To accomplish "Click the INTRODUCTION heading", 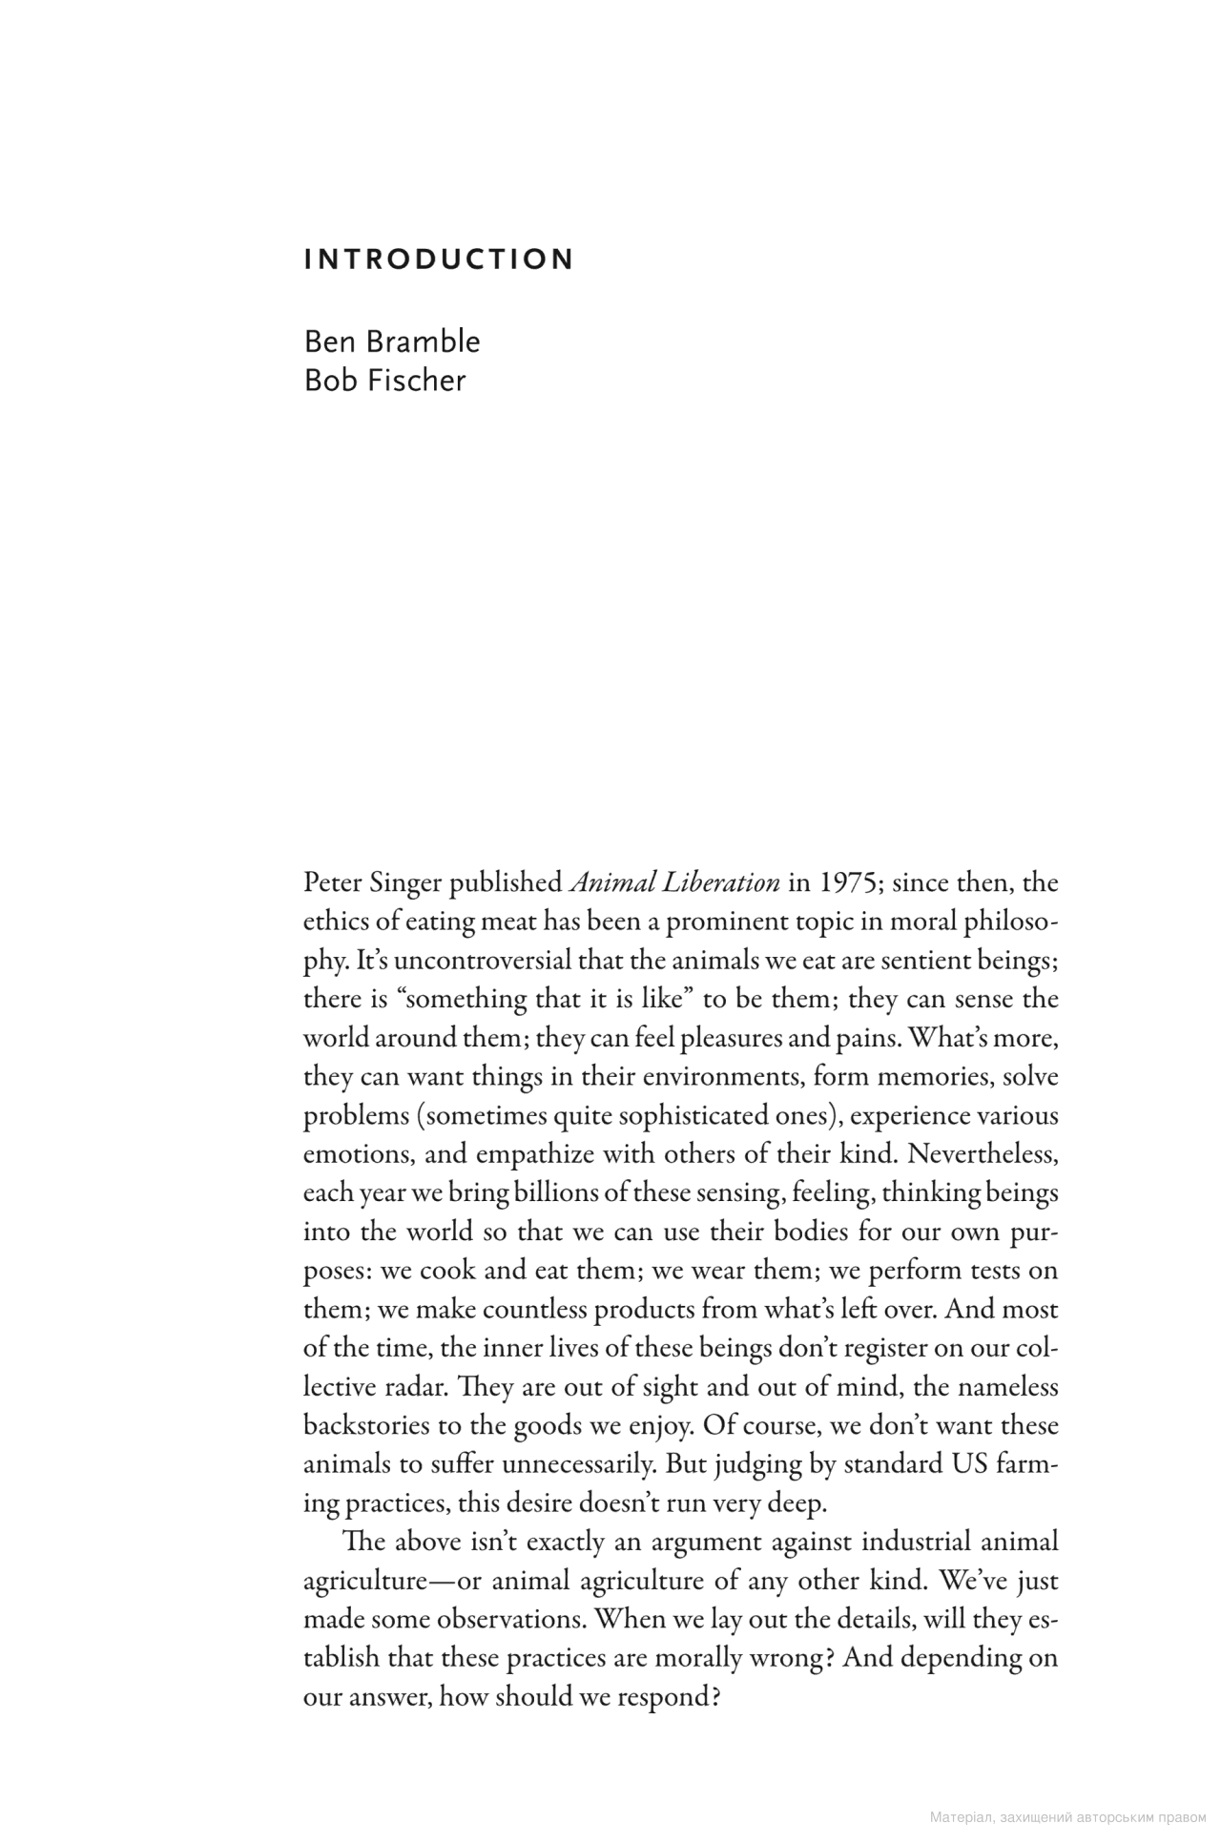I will (x=439, y=259).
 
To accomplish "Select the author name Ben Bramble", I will (x=392, y=342).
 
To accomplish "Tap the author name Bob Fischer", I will (x=384, y=380).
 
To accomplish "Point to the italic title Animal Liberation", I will (x=674, y=883).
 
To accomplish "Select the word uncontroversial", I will (x=483, y=961).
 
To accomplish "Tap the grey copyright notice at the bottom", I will (x=1067, y=1818).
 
